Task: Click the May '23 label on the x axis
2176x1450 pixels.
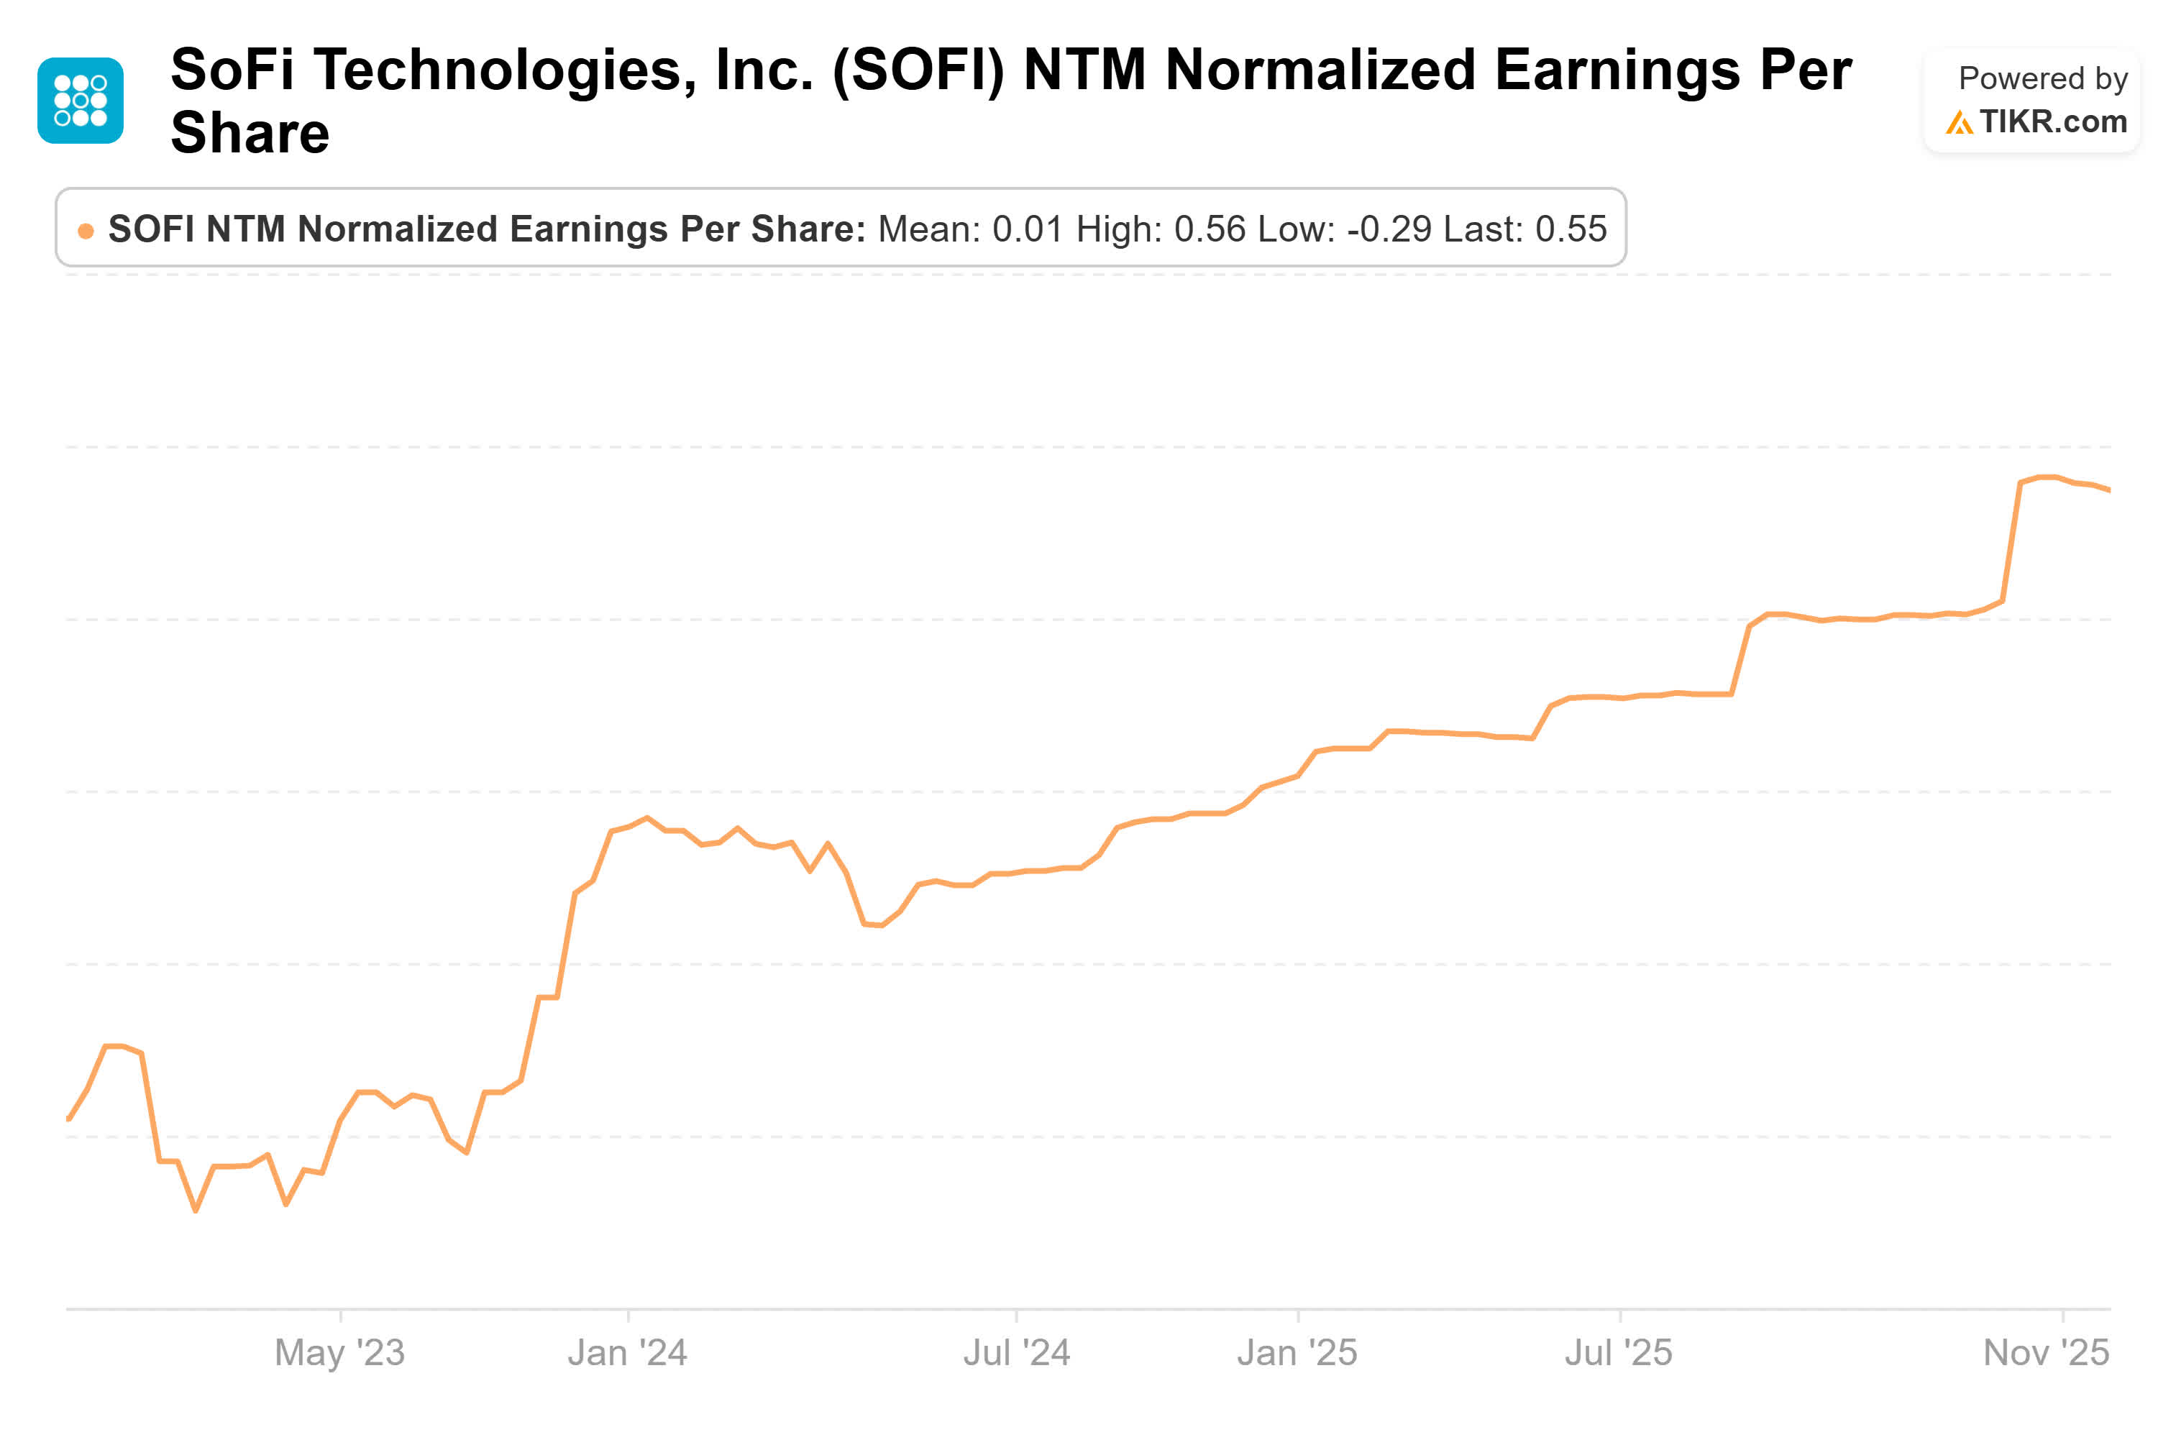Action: click(x=339, y=1352)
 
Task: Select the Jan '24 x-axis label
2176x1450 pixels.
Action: click(x=627, y=1352)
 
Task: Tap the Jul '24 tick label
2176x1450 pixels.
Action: click(x=1015, y=1352)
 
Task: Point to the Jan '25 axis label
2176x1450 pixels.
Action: click(x=1297, y=1352)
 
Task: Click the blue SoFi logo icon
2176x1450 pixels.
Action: click(x=81, y=100)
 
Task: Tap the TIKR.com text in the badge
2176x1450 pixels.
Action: click(x=2052, y=122)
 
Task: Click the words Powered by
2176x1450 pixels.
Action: click(x=2042, y=78)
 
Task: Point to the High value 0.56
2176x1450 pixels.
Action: click(x=1209, y=229)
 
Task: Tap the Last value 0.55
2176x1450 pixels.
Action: click(x=1571, y=229)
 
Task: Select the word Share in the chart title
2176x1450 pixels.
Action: click(x=250, y=132)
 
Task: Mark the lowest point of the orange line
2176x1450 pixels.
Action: click(x=195, y=1210)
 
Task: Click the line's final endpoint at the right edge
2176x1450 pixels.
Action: click(x=2108, y=490)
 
